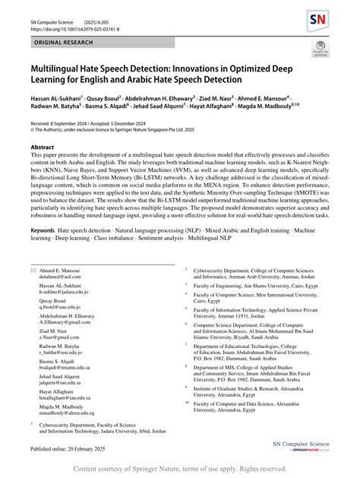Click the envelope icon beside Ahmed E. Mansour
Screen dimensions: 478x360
pos(33,271)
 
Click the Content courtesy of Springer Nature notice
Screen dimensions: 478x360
pos(179,469)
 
